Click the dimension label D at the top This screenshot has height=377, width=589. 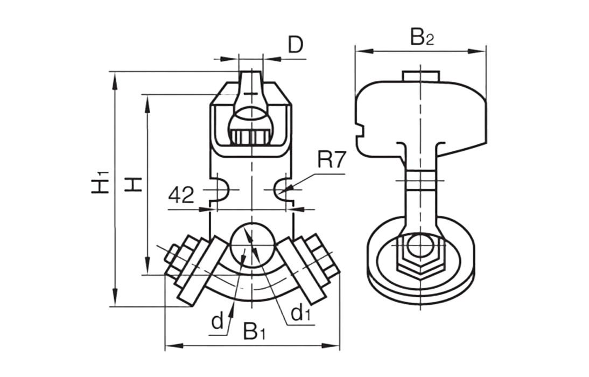tap(295, 45)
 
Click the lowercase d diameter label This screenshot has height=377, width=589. tap(217, 322)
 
